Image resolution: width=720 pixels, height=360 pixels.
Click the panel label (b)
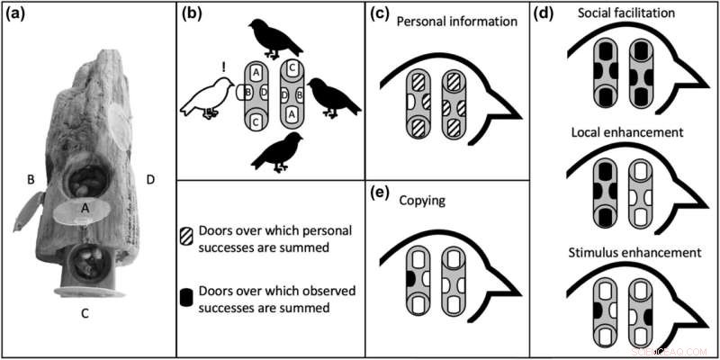pyautogui.click(x=192, y=14)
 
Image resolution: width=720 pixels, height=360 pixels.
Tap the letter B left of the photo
pyautogui.click(x=31, y=179)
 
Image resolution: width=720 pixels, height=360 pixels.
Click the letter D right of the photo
pyautogui.click(x=148, y=179)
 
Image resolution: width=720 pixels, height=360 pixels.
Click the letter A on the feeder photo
pyautogui.click(x=84, y=205)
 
